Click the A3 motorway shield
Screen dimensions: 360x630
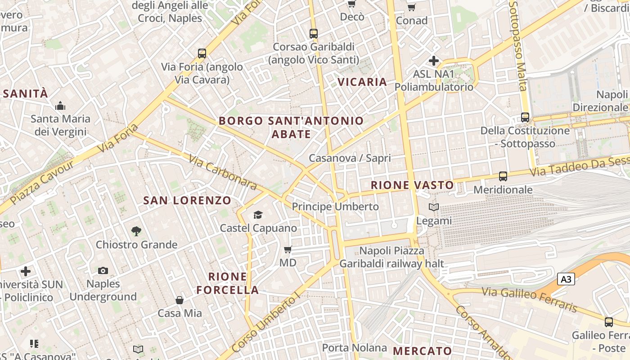pyautogui.click(x=566, y=279)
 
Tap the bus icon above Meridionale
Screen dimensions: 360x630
pyautogui.click(x=503, y=176)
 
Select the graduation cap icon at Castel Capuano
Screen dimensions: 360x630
pyautogui.click(x=258, y=215)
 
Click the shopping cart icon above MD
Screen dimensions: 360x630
pyautogui.click(x=288, y=249)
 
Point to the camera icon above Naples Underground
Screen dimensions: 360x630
pyautogui.click(x=103, y=270)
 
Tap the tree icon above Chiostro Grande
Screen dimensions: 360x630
pyautogui.click(x=136, y=231)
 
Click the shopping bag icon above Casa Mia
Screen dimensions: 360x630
pyautogui.click(x=180, y=300)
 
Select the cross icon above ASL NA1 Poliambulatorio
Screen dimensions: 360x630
pyautogui.click(x=434, y=60)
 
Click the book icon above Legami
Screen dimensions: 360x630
pyautogui.click(x=434, y=207)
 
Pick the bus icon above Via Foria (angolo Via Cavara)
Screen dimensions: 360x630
pyautogui.click(x=202, y=54)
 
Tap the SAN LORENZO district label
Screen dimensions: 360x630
pyautogui.click(x=187, y=201)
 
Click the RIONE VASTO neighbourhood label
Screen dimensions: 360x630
pyautogui.click(x=412, y=185)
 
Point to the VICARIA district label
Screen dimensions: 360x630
pyautogui.click(x=362, y=82)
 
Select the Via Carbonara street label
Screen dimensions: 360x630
pyautogui.click(x=222, y=172)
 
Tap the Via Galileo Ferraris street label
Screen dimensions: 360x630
pyautogui.click(x=529, y=299)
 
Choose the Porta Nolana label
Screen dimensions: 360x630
pyautogui.click(x=355, y=347)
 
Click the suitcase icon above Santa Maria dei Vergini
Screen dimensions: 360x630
pyautogui.click(x=60, y=106)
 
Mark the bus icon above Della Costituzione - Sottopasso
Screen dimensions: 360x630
pyautogui.click(x=525, y=117)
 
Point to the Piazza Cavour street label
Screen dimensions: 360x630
pyautogui.click(x=42, y=182)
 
